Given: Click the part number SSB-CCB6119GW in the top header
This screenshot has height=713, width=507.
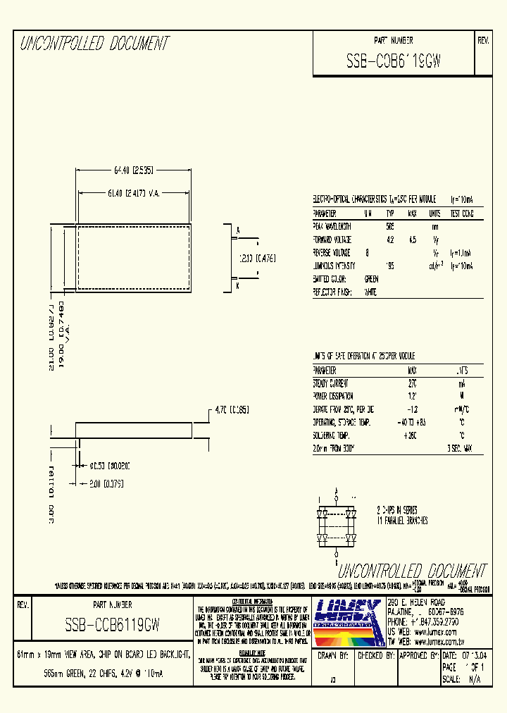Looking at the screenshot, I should click(x=394, y=61).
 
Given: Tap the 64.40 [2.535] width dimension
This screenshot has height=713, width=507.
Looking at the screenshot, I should click(x=133, y=170).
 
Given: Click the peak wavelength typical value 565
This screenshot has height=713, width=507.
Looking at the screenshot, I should click(x=389, y=226).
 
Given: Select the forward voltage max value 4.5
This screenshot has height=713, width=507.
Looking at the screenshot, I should click(x=413, y=239).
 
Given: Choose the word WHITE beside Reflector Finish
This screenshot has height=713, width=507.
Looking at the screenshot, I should click(x=370, y=290).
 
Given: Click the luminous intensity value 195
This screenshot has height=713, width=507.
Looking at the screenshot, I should click(x=389, y=265).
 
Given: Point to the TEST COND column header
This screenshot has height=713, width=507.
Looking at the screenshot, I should click(x=461, y=213).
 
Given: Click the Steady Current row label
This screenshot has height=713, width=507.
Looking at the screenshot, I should click(x=331, y=383).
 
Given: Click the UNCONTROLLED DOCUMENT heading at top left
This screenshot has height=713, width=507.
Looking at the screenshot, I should click(x=94, y=44).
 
